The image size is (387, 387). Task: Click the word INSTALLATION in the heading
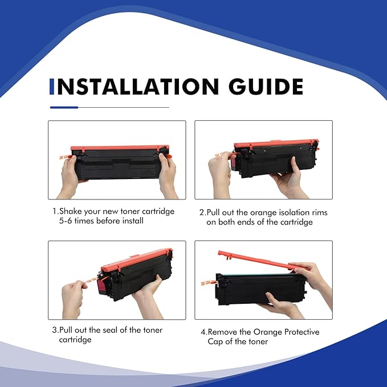click(x=137, y=87)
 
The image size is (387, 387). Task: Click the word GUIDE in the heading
click(x=266, y=87)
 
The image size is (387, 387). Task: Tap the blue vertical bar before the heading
click(x=52, y=87)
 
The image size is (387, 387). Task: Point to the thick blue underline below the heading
click(x=64, y=107)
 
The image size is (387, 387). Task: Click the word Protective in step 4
click(x=302, y=332)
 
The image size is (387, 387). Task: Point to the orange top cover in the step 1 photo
click(x=120, y=148)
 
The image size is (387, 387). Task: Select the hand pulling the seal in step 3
click(x=73, y=299)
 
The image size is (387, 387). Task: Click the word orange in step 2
click(x=265, y=213)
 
